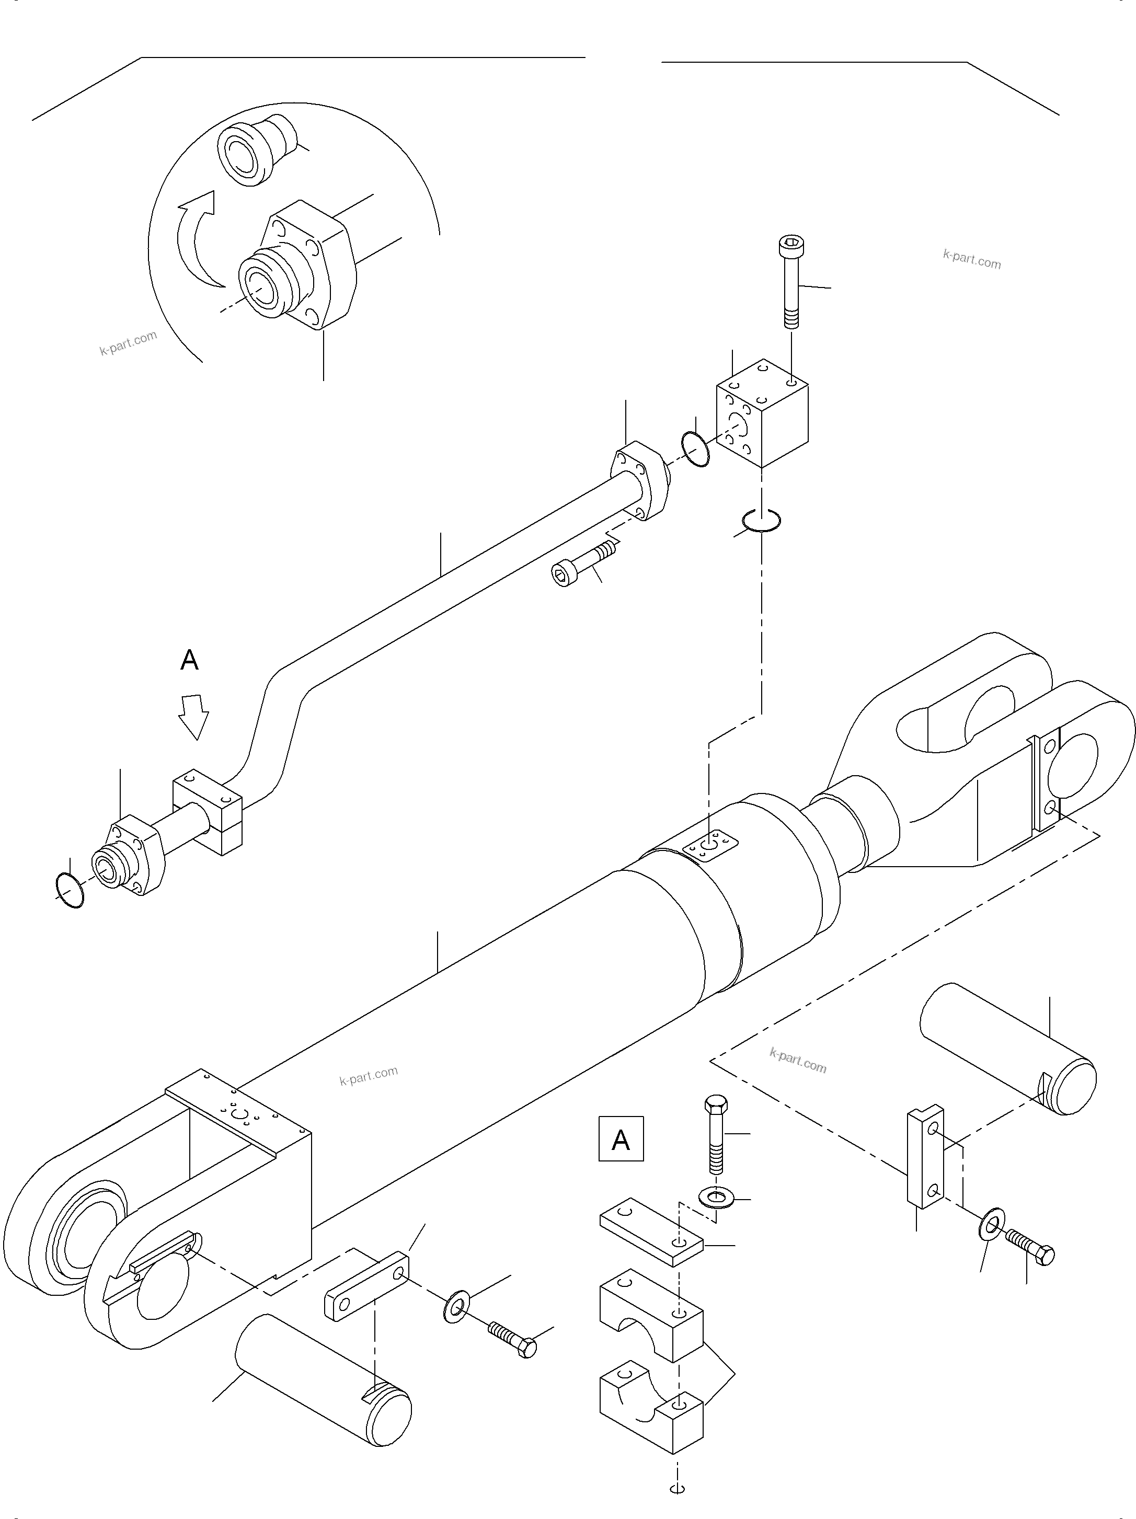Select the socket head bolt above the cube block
point(791,282)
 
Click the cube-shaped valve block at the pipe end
point(762,413)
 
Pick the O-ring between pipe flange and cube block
point(696,449)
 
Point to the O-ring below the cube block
point(761,521)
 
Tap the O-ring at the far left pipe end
point(70,890)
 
